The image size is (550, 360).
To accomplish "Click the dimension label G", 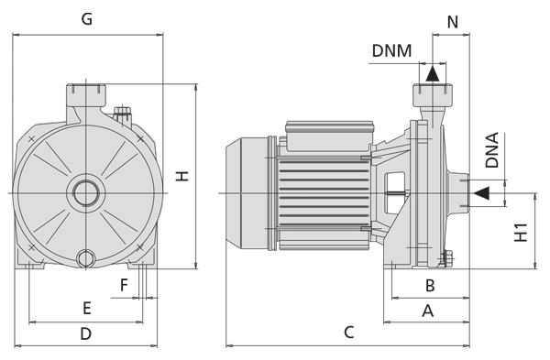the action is (x=87, y=19).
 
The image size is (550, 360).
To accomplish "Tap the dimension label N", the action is (x=453, y=22).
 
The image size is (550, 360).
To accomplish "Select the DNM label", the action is (x=391, y=50).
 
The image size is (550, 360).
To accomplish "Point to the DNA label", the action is (x=491, y=150).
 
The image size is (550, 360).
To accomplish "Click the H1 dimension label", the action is (x=521, y=232).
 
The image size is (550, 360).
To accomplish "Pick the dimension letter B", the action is (x=430, y=286).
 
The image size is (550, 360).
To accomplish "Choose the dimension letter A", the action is (x=427, y=311).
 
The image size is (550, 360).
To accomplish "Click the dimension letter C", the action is (x=348, y=333).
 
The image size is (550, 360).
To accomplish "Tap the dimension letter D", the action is (x=86, y=333).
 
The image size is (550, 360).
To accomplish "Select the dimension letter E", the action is (x=87, y=309).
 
